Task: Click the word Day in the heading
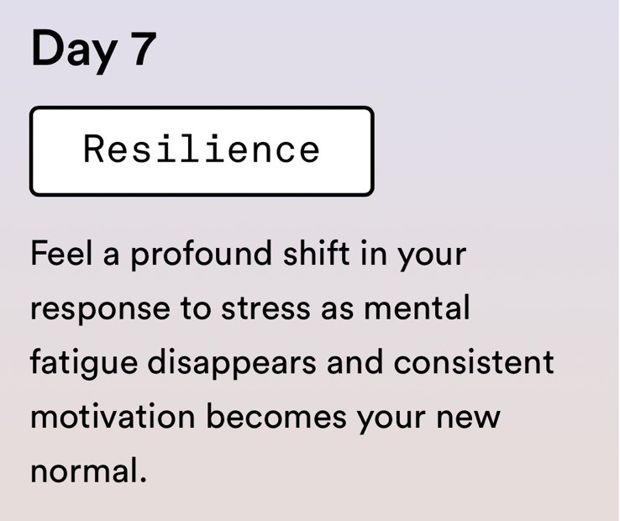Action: click(x=74, y=50)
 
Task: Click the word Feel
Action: click(x=61, y=253)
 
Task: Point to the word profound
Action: click(x=201, y=255)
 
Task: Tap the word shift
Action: click(x=317, y=252)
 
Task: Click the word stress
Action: click(x=265, y=308)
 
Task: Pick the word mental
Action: click(x=417, y=307)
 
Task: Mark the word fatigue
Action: click(x=84, y=364)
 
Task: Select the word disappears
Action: click(x=232, y=364)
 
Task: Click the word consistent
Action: click(x=474, y=362)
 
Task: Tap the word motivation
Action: click(x=113, y=416)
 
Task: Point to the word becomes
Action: click(x=276, y=415)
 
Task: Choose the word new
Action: click(x=468, y=418)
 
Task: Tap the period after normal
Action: click(x=143, y=480)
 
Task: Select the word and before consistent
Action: click(x=355, y=361)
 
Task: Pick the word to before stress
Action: click(x=196, y=309)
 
